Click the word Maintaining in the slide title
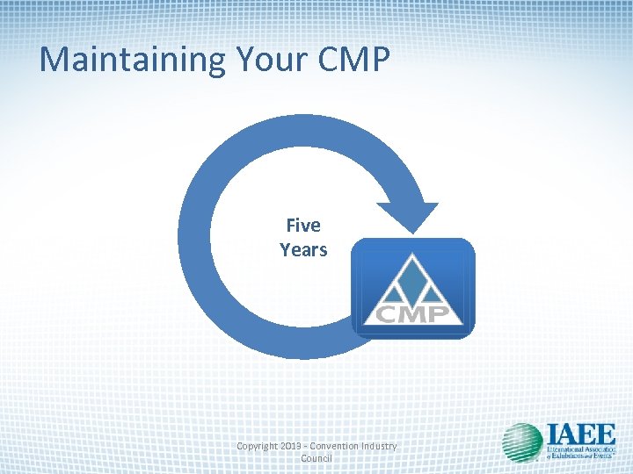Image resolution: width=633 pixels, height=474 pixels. pos(133,60)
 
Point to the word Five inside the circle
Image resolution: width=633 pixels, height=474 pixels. pos(303,226)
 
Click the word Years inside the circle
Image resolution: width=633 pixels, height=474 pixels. pos(303,249)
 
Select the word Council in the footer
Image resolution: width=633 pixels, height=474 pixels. pos(316,458)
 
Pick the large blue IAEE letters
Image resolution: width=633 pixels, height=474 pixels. pos(580,434)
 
